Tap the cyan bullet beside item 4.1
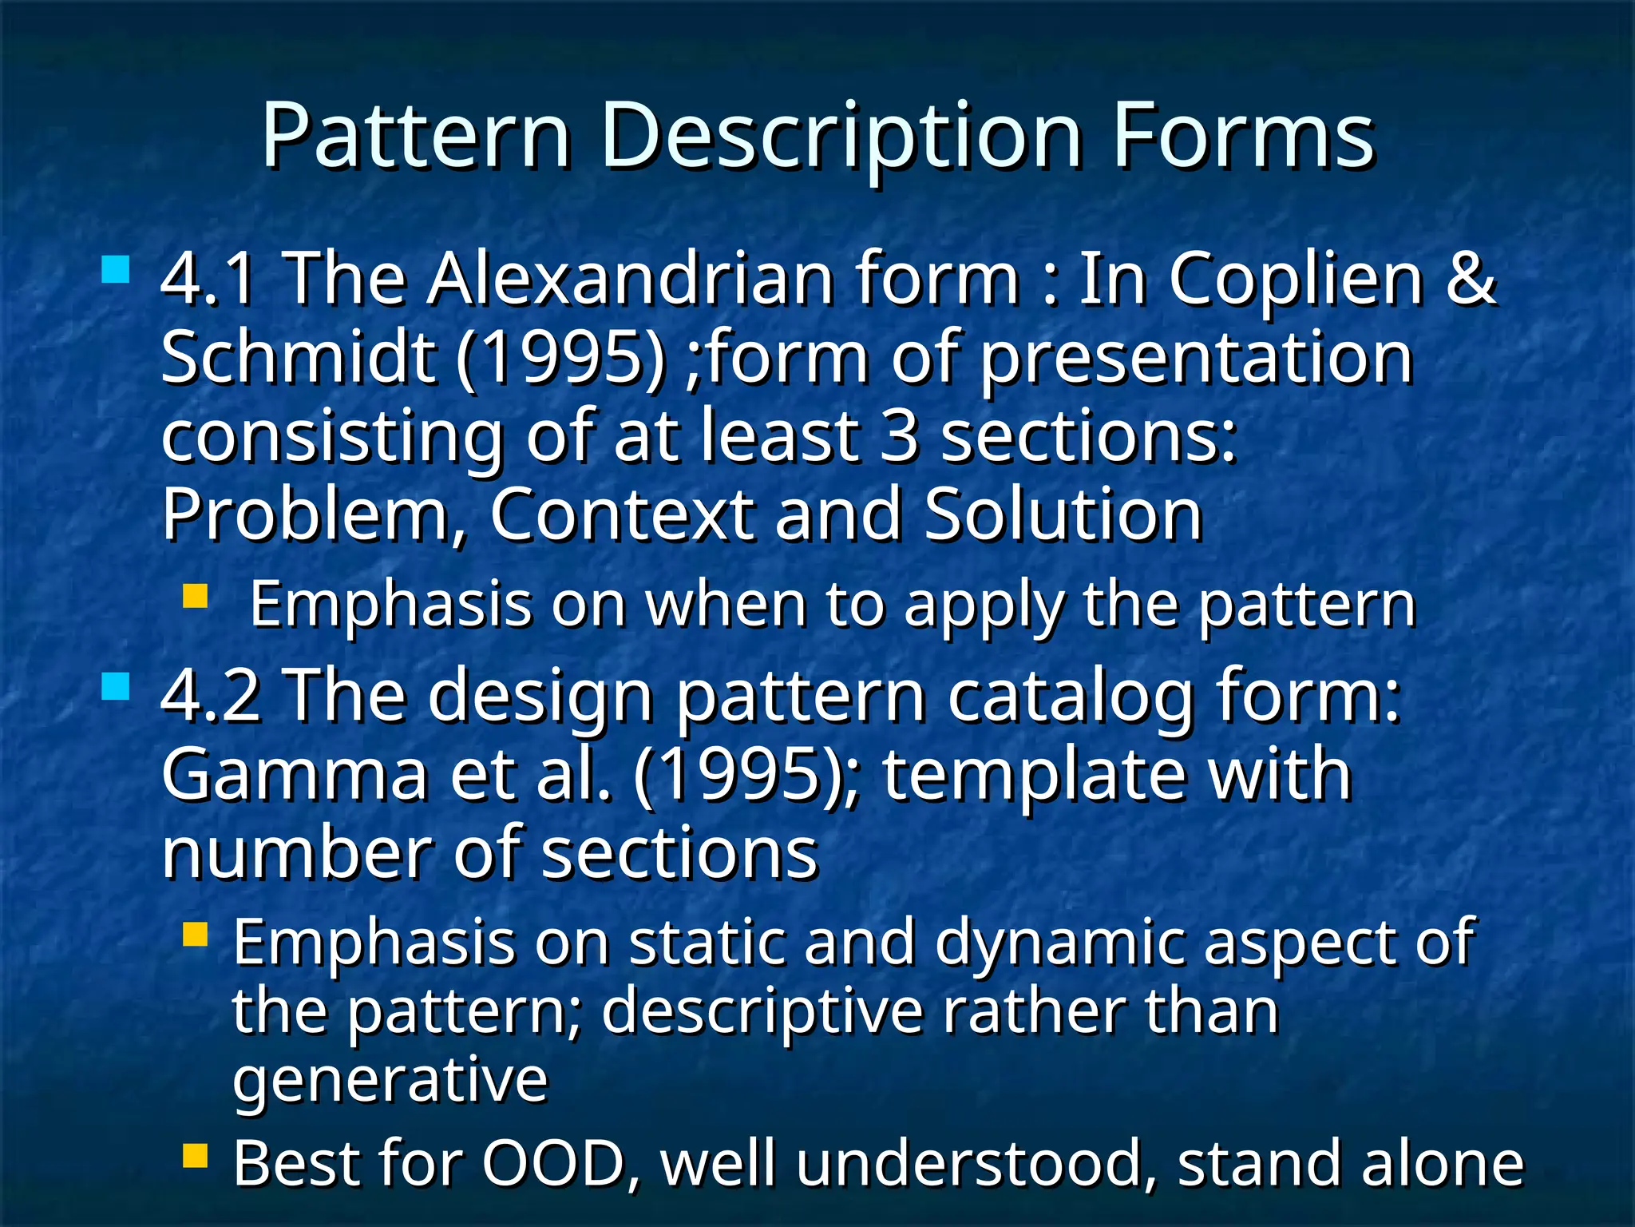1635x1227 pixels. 116,270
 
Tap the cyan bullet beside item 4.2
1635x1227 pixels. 116,686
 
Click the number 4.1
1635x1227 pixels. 209,280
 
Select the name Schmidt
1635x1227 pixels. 299,357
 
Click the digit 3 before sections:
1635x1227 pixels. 899,436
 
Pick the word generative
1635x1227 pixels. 390,1081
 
